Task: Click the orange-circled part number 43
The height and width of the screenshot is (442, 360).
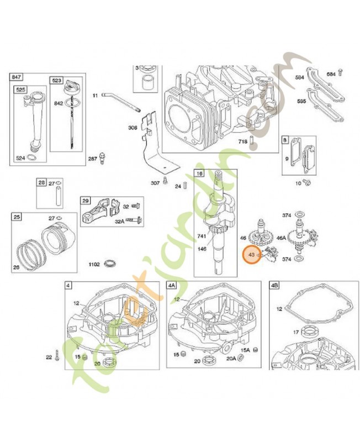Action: pos(252,255)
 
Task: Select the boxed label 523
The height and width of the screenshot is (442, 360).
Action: pos(57,81)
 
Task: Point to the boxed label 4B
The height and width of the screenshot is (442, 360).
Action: pos(274,285)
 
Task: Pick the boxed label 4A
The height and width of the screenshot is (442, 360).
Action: pos(172,285)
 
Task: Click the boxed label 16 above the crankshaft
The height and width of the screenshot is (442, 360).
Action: pos(199,173)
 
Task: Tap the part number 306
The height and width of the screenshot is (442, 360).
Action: pos(133,128)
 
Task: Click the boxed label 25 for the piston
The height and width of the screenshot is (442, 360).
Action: pos(17,217)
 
